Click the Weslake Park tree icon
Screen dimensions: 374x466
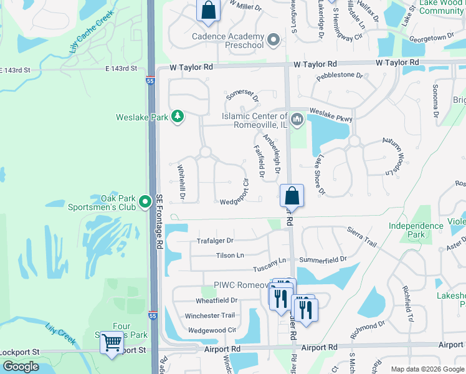pos(178,117)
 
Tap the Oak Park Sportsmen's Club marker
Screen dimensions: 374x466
pos(145,201)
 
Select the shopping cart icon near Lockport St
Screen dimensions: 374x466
pos(112,342)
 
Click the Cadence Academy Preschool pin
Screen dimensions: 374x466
pos(273,41)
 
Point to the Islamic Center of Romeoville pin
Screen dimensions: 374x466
pos(297,119)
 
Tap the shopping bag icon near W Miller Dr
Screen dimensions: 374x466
pos(208,11)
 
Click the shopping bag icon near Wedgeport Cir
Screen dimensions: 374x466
pos(292,196)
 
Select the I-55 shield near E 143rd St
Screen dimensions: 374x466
pos(150,80)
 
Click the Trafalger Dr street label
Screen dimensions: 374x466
pos(215,241)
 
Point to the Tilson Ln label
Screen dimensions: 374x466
pos(231,256)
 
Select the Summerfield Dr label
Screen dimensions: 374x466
pos(323,258)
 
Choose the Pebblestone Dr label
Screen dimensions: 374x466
pos(340,75)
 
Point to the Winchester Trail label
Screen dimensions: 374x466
pos(210,315)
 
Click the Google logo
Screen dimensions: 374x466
pos(21,367)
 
